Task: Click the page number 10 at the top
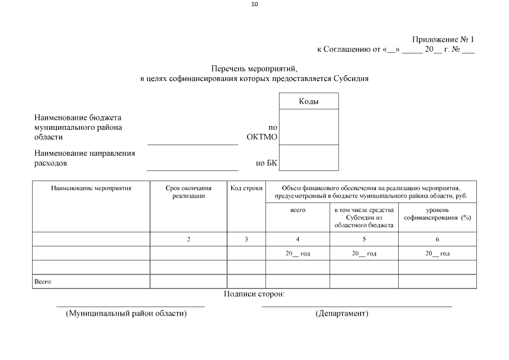[x=254, y=4]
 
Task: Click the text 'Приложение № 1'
[x=443, y=39]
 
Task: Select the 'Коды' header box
[x=309, y=101]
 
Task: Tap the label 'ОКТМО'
[x=262, y=137]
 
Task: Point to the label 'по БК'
[x=267, y=164]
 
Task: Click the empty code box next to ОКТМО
[x=309, y=127]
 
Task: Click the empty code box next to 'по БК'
[x=309, y=157]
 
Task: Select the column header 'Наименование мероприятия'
[x=91, y=188]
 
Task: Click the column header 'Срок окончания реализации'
[x=188, y=192]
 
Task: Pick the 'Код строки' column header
[x=246, y=188]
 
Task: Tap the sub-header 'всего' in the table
[x=298, y=210]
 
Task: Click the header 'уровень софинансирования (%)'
[x=437, y=214]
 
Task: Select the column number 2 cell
[x=188, y=240]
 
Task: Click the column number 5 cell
[x=364, y=240]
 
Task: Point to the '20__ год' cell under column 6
[x=437, y=254]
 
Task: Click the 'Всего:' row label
[x=43, y=282]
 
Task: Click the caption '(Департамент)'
[x=342, y=313]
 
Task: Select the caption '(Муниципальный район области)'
[x=127, y=313]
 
